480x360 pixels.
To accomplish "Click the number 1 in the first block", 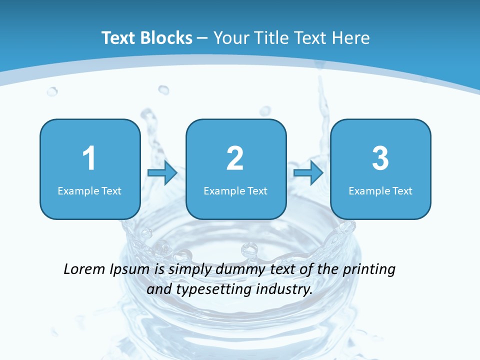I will click(x=89, y=158).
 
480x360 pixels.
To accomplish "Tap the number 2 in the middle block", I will click(x=235, y=158).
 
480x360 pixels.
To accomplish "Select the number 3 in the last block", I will click(x=380, y=158).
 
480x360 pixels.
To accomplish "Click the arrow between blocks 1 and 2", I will click(x=162, y=173).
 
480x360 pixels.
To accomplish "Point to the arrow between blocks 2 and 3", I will click(x=308, y=173).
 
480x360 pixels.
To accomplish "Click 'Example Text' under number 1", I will click(x=89, y=190).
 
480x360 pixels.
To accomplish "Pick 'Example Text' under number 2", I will click(x=235, y=190).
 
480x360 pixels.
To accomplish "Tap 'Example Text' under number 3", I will click(x=380, y=190).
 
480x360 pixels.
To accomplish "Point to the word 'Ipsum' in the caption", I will click(x=129, y=270).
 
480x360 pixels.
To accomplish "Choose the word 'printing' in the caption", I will click(x=368, y=270).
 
